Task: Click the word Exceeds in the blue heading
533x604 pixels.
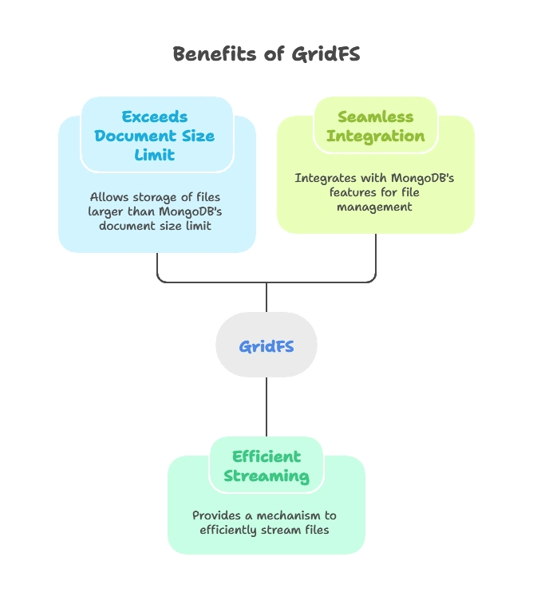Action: [155, 116]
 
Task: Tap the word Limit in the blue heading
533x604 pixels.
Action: [155, 155]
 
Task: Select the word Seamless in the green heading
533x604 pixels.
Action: [375, 116]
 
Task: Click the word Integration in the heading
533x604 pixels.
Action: [375, 136]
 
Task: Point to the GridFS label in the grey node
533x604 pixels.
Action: [266, 346]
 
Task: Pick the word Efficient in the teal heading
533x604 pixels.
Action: [266, 456]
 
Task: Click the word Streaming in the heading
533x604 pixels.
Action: [266, 476]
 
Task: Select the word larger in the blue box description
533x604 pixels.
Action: [107, 211]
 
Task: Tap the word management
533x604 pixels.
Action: [374, 207]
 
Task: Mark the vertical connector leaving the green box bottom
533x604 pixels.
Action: [373, 258]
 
